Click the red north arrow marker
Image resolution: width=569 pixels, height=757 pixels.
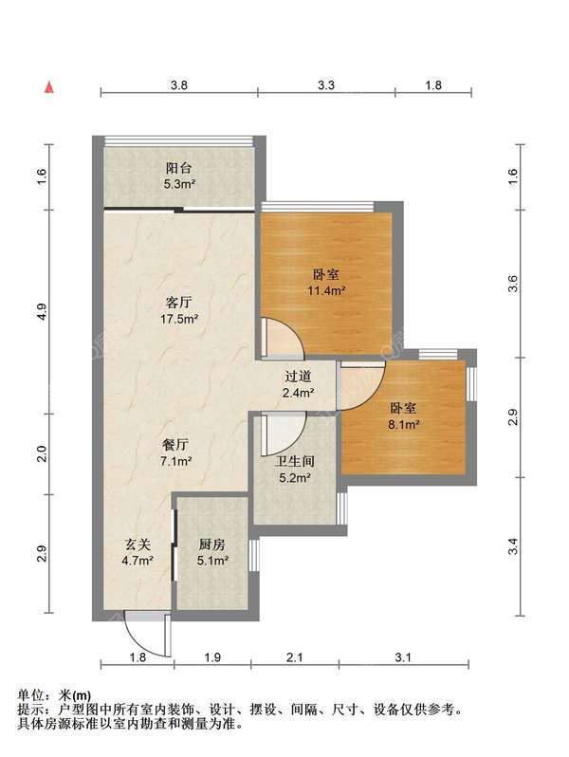[x=48, y=87]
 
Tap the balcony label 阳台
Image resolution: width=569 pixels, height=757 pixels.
[x=178, y=168]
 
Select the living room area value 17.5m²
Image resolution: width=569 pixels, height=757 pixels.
[x=179, y=319]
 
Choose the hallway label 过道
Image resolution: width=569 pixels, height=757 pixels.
[x=298, y=376]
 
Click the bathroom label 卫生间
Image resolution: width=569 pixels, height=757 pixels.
[x=295, y=461]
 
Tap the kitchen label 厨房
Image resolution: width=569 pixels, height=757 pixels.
[x=211, y=545]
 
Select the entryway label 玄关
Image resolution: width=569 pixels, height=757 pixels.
[x=138, y=545]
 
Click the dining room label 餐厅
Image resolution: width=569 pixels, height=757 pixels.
[x=175, y=444]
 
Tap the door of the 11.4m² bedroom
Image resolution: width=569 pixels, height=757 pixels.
[x=283, y=339]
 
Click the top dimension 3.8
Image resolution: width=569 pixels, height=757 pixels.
[x=178, y=85]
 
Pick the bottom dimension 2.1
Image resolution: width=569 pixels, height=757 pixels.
[x=294, y=657]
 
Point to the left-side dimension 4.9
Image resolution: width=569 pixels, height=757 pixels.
[x=42, y=312]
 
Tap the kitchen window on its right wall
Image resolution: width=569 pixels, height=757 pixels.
[x=254, y=555]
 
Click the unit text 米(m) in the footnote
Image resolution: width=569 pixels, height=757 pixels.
[x=74, y=694]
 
